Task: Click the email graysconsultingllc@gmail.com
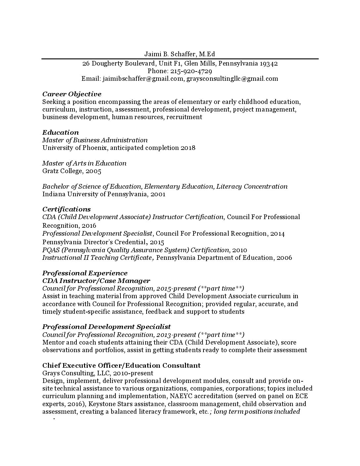(x=232, y=79)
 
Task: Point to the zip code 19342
(x=268, y=64)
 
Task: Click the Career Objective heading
(x=72, y=94)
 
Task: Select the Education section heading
(x=61, y=133)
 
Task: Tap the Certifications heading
(x=67, y=210)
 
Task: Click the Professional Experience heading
(x=85, y=273)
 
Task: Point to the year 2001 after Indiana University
(x=158, y=194)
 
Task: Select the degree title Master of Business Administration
(x=95, y=140)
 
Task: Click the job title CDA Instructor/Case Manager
(x=96, y=281)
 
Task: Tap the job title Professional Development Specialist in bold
(x=107, y=327)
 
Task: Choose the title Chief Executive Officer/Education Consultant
(x=121, y=366)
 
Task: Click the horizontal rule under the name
(x=180, y=59)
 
